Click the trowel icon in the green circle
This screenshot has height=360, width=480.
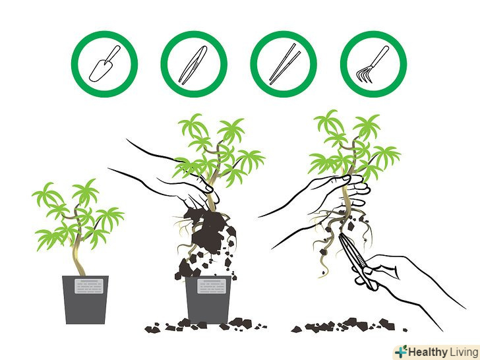(104, 65)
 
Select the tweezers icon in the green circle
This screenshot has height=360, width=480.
(193, 65)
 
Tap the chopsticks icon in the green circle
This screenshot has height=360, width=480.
(285, 64)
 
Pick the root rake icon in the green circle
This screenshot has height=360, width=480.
(373, 64)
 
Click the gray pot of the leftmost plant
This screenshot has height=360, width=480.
(86, 300)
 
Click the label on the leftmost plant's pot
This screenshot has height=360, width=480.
(89, 286)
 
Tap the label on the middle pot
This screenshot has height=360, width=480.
(212, 286)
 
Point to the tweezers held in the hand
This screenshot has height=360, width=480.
(357, 261)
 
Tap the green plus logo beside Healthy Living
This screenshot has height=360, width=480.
(401, 351)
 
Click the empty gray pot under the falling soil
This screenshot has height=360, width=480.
(208, 300)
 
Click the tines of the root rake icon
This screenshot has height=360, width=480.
(364, 75)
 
